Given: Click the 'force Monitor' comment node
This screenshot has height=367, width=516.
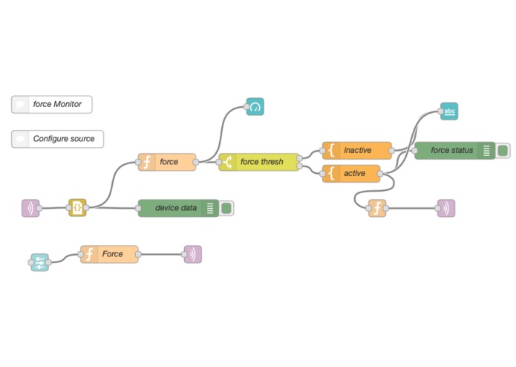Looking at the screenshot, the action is [52, 104].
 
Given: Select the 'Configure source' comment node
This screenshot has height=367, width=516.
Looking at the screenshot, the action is [58, 139].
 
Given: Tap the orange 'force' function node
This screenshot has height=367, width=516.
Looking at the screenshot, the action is [167, 162].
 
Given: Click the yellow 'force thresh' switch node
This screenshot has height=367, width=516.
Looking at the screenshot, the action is [259, 162].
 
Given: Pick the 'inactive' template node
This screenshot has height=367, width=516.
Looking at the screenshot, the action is [357, 150].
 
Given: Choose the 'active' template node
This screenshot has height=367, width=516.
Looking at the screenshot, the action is [351, 173].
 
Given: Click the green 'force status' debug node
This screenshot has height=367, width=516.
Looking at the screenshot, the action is [455, 150].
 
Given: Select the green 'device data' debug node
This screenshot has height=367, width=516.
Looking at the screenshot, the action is [178, 208].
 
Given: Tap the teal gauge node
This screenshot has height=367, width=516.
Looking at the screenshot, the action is [255, 107].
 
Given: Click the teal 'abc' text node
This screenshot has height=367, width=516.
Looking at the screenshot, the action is [449, 111].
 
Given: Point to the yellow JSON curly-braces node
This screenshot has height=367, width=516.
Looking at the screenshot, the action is [77, 208].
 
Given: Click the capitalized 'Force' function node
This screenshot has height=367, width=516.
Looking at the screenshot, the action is [109, 254].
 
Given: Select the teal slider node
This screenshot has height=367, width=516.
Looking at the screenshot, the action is [40, 262].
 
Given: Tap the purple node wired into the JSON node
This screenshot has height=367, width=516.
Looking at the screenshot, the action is [30, 208].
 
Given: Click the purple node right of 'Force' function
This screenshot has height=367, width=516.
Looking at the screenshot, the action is [193, 254].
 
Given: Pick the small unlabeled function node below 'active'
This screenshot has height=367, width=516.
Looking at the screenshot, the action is [377, 208].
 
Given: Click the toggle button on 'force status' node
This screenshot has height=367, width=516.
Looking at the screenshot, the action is [503, 150].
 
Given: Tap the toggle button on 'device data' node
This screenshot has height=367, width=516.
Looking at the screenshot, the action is [226, 208].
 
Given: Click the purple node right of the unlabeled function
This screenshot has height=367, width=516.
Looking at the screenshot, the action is [446, 208].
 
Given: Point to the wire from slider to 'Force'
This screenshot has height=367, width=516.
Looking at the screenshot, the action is [65, 258].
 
